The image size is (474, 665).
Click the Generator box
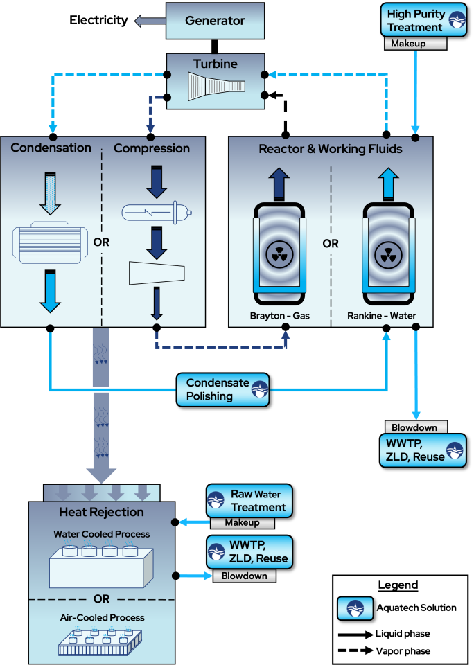click(215, 21)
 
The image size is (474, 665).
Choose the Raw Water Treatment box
click(249, 501)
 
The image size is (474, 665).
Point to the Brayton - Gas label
click(280, 317)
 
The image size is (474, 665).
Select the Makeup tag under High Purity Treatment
click(415, 44)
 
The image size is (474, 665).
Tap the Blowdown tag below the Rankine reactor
click(416, 427)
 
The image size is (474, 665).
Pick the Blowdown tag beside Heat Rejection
click(244, 576)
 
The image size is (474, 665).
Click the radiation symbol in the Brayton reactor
click(280, 256)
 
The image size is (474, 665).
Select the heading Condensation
click(51, 148)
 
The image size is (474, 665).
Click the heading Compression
click(152, 148)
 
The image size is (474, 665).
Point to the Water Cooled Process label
click(101, 535)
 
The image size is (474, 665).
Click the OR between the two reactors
click(331, 244)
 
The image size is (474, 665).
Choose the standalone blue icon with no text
click(355, 608)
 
